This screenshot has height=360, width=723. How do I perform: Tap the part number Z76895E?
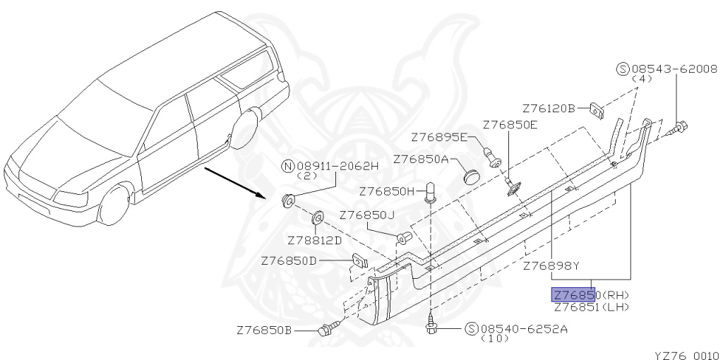(439, 136)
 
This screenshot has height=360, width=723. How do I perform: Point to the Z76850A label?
(421, 160)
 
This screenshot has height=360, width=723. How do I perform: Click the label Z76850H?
(387, 191)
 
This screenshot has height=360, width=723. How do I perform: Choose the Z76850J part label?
(366, 215)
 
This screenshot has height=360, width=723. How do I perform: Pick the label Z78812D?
(315, 240)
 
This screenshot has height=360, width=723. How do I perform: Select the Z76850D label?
(289, 260)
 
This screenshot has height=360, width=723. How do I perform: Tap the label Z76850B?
(264, 330)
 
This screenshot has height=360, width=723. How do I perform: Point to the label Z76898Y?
(551, 266)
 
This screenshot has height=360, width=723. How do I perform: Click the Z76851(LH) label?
(590, 306)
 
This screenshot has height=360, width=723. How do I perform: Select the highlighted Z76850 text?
(575, 295)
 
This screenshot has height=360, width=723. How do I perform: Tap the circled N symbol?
(287, 166)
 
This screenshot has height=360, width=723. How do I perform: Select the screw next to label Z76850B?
(327, 329)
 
